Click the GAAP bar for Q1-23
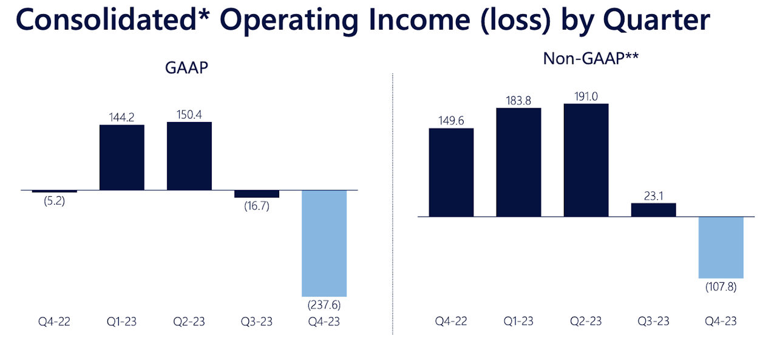tap(121, 157)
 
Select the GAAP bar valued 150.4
tap(189, 156)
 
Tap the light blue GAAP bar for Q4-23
tap(324, 243)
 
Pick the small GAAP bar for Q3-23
tap(257, 194)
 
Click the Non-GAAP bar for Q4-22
tap(451, 172)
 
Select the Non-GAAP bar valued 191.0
tap(586, 160)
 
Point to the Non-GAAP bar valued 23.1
tap(653, 209)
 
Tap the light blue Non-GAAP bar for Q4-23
tap(721, 247)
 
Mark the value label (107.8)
tap(721, 287)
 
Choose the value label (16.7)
tap(257, 206)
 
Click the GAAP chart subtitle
tap(187, 67)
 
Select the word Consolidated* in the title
tap(109, 20)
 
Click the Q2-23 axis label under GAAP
tap(189, 322)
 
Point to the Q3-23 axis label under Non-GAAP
tap(653, 322)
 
